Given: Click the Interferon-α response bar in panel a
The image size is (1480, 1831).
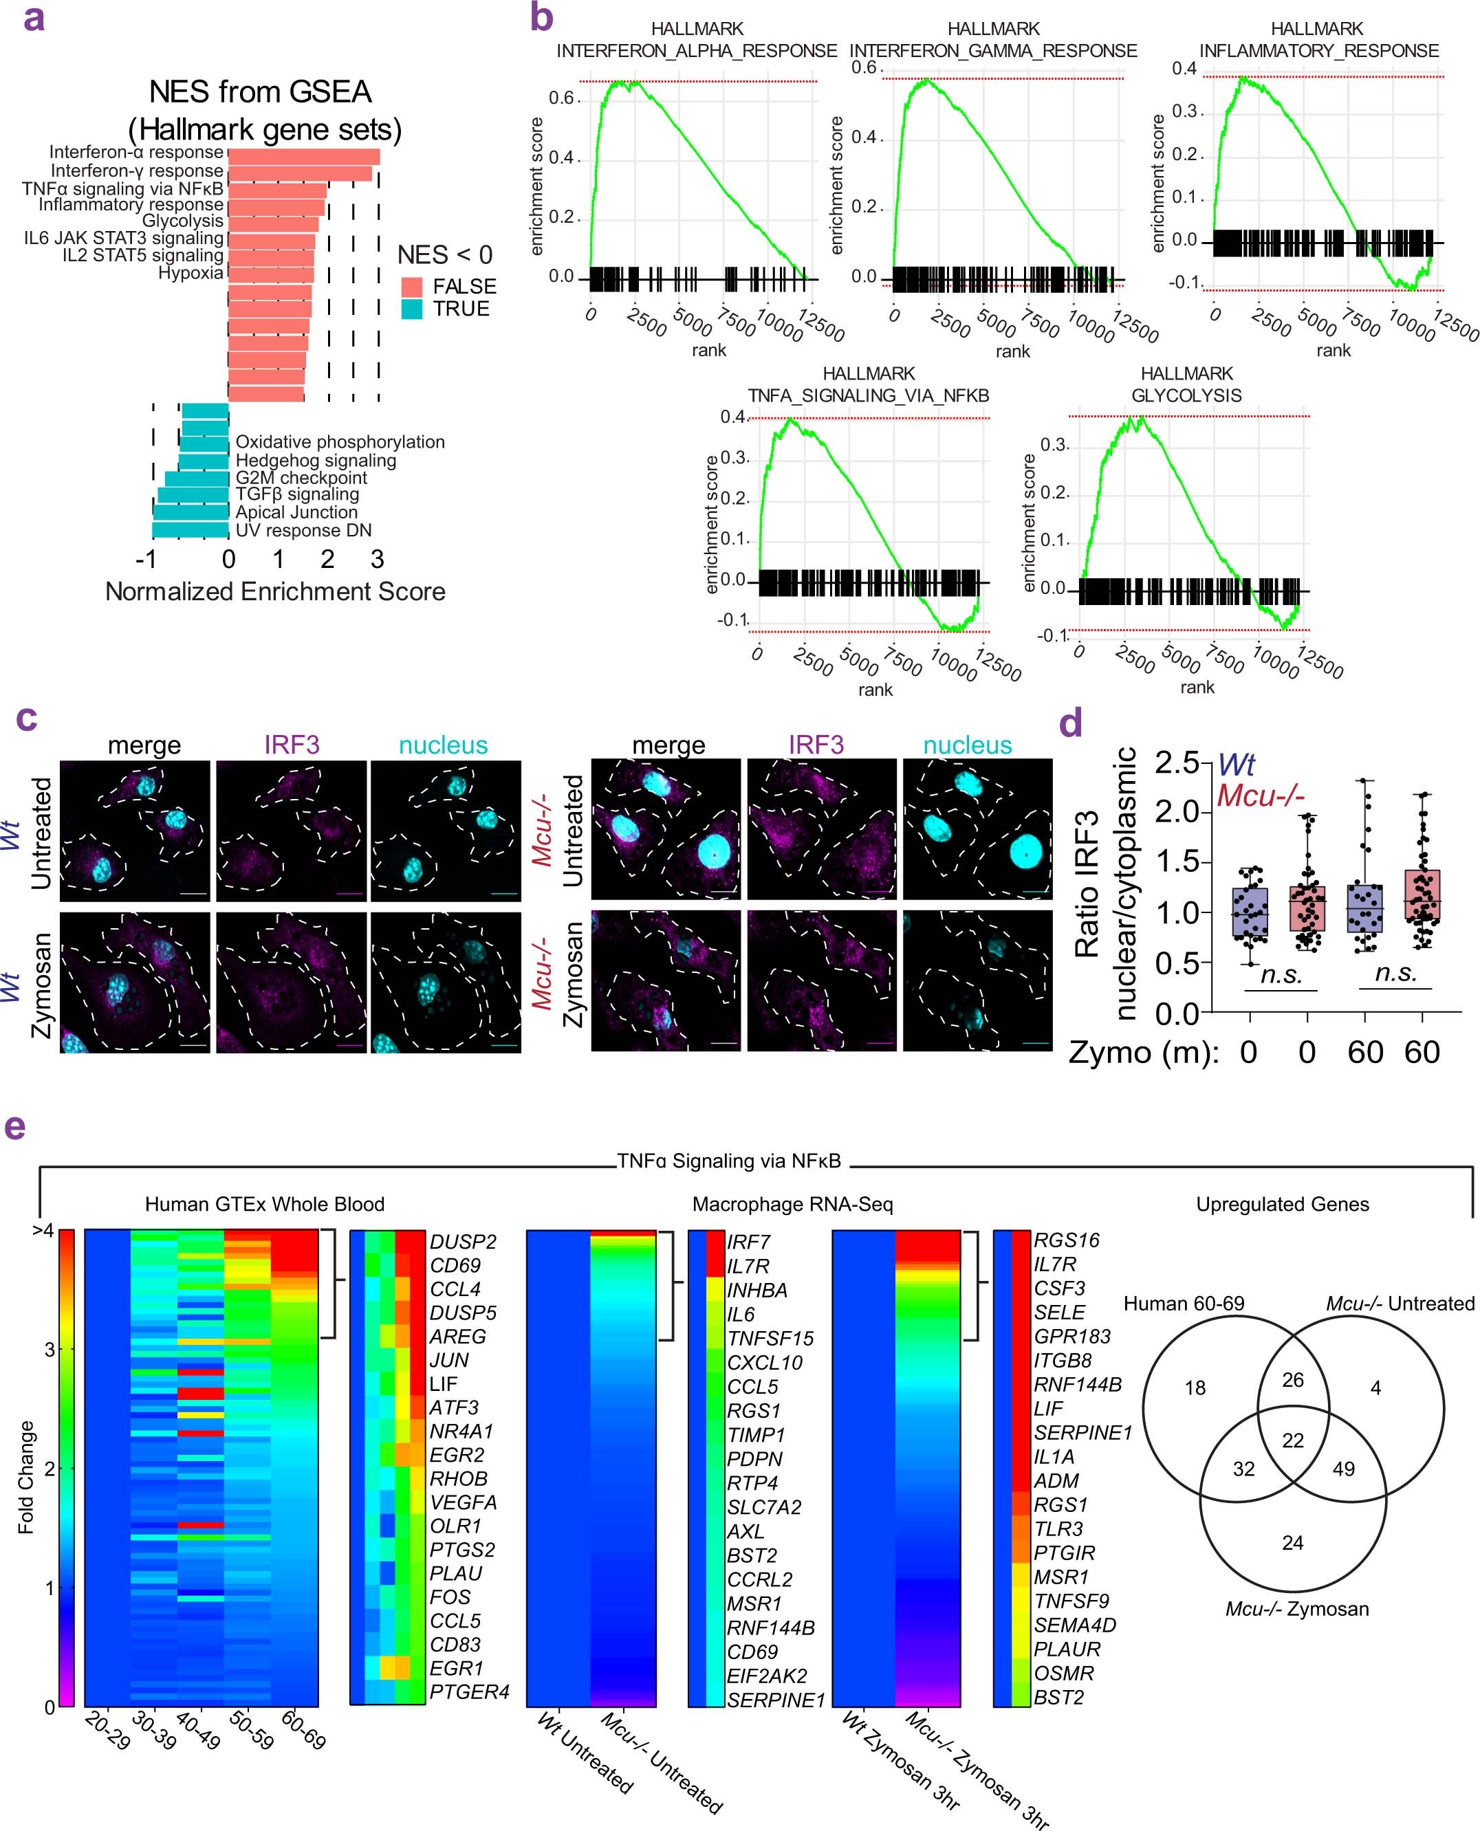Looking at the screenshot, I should click(x=303, y=156).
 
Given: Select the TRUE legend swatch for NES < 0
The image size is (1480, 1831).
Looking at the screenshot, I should click(x=412, y=309).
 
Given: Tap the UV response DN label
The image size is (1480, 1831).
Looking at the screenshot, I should click(x=303, y=530).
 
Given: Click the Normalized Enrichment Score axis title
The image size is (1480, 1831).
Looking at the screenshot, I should click(x=274, y=591).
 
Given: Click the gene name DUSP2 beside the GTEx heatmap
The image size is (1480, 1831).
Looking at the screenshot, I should click(x=462, y=1242).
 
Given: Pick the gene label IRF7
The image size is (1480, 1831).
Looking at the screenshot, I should click(x=748, y=1242).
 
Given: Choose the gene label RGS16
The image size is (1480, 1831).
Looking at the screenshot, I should click(x=1066, y=1240).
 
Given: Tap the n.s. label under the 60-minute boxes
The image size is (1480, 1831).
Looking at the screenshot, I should click(x=1395, y=974).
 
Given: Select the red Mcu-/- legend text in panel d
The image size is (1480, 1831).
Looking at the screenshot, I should click(x=1260, y=796).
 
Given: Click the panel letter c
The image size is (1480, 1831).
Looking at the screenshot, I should click(x=26, y=718).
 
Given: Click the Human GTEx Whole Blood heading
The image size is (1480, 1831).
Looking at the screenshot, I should click(x=264, y=1205).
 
